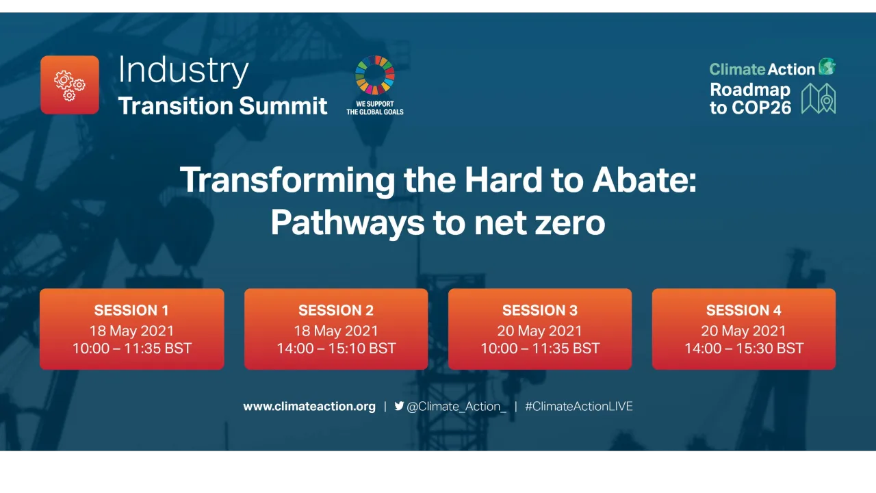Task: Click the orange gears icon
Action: click(x=70, y=85)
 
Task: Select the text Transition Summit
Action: click(x=222, y=105)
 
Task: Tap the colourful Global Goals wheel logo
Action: click(x=374, y=75)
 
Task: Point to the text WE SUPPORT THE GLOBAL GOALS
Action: click(x=374, y=108)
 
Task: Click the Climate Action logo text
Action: click(x=762, y=69)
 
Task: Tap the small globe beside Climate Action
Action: click(x=827, y=66)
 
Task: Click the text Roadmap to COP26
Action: click(x=750, y=99)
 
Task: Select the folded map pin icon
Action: click(x=819, y=99)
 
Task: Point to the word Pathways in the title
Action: click(x=346, y=223)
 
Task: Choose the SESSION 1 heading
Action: click(x=131, y=310)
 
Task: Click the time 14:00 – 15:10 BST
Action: click(x=336, y=349)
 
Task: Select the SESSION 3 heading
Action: click(x=539, y=310)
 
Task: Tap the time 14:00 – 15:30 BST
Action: click(x=744, y=349)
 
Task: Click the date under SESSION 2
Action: click(x=336, y=331)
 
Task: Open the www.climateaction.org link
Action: click(x=309, y=406)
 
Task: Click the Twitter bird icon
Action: click(x=399, y=406)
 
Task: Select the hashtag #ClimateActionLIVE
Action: click(x=578, y=406)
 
